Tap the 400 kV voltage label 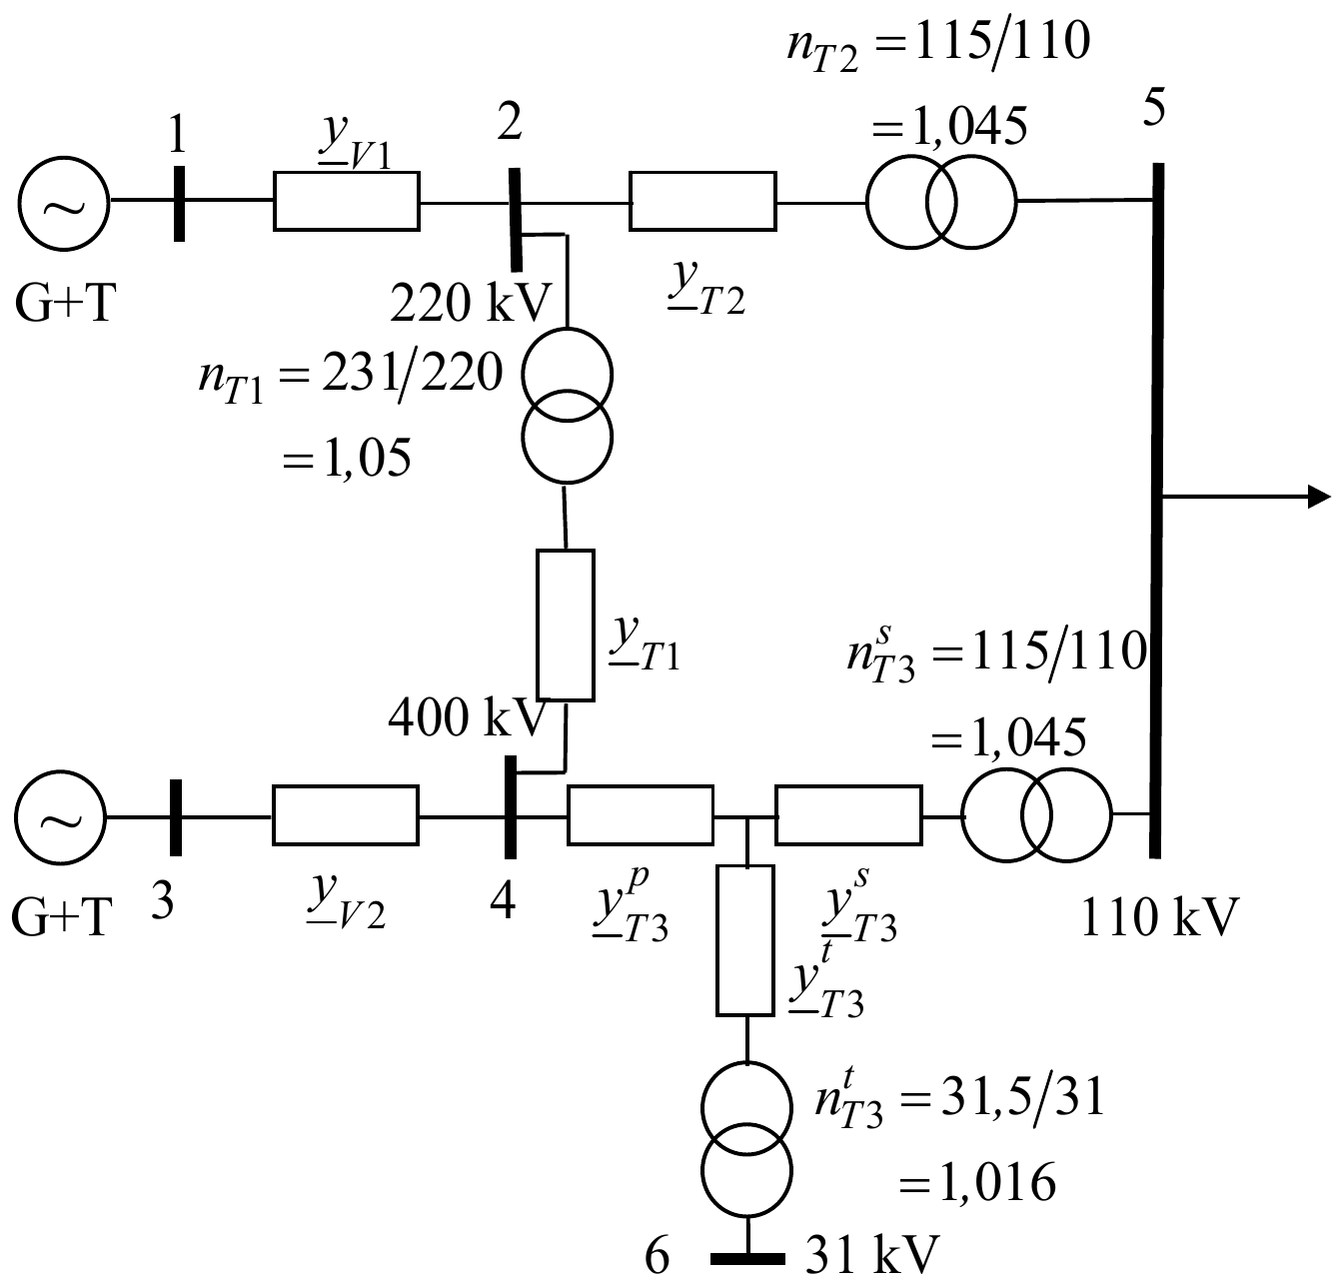pyautogui.click(x=468, y=717)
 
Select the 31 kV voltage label pyautogui.click(x=872, y=1254)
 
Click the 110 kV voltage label pyautogui.click(x=1159, y=917)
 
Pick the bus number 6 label pyautogui.click(x=657, y=1256)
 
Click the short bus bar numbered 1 pyautogui.click(x=179, y=204)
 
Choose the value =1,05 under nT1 pyautogui.click(x=347, y=458)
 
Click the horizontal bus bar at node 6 pyautogui.click(x=747, y=1259)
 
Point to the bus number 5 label pyautogui.click(x=1154, y=108)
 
